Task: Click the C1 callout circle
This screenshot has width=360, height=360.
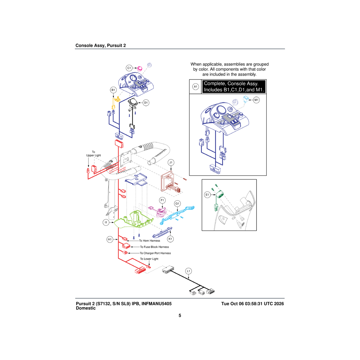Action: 129,68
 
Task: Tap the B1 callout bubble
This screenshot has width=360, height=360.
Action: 113,90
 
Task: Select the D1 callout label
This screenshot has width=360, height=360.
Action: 146,103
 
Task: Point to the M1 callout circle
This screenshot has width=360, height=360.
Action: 256,100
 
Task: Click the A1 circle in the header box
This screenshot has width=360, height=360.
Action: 195,86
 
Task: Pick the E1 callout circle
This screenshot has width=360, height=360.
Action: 207,195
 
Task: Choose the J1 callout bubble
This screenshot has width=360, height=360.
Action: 171,162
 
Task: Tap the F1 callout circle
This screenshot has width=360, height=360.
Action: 162,200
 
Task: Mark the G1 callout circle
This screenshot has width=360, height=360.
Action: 177,204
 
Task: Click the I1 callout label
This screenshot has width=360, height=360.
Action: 106,222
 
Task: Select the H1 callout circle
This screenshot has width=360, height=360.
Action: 110,239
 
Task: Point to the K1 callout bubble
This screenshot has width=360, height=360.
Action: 170,239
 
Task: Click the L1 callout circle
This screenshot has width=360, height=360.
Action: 188,271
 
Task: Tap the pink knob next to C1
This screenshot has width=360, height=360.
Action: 139,69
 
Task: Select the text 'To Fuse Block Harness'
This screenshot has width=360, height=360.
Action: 154,247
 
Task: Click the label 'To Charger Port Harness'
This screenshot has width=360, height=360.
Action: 155,253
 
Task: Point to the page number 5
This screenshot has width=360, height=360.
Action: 180,315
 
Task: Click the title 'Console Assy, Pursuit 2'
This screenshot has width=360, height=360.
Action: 100,45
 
